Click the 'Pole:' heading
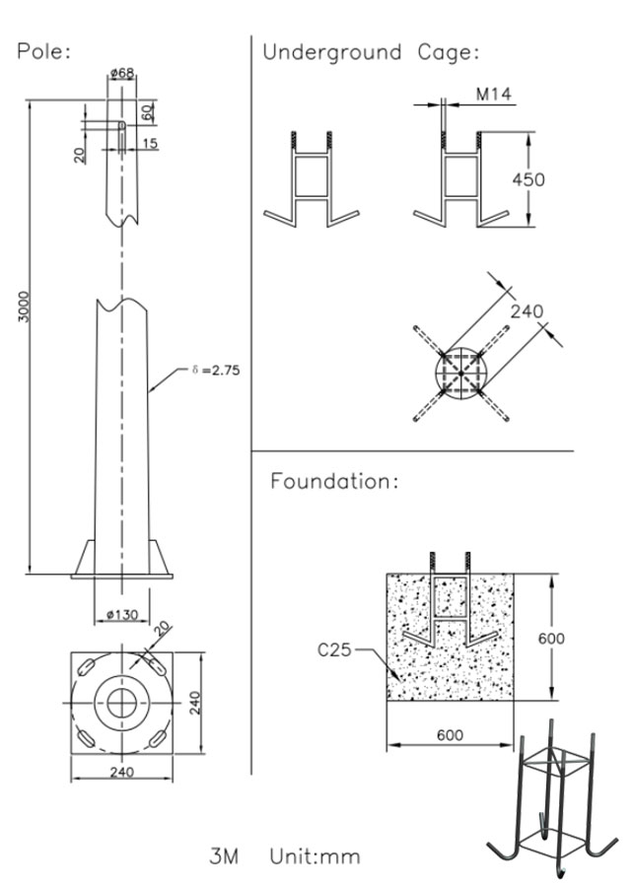(44, 51)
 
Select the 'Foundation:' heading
(334, 482)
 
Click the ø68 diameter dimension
(122, 73)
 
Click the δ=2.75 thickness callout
(216, 371)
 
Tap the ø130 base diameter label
(121, 616)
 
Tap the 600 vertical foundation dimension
(551, 638)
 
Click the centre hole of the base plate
(122, 701)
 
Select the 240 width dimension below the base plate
(122, 773)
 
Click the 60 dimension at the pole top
(147, 110)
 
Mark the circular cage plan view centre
(460, 374)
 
